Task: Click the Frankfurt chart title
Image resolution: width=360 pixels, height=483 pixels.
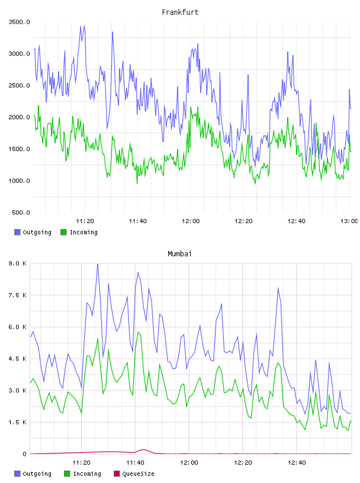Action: (180, 12)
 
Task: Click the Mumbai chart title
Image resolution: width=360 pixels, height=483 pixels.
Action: (179, 254)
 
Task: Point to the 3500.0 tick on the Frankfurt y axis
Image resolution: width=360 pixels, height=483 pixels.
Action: (19, 22)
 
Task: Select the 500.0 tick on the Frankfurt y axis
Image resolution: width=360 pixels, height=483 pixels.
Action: (21, 212)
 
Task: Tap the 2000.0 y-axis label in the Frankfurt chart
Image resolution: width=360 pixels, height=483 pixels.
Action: (19, 117)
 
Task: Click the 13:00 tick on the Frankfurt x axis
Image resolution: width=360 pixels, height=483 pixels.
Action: (349, 221)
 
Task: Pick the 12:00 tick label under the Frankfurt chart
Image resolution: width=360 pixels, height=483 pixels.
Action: (191, 221)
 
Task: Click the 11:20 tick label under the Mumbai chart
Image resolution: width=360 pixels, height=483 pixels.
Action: (81, 463)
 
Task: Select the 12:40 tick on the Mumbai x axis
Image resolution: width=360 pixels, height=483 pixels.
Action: (297, 463)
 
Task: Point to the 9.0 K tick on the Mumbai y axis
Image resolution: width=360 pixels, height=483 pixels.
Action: (18, 263)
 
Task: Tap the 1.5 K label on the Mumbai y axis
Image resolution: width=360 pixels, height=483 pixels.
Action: (18, 422)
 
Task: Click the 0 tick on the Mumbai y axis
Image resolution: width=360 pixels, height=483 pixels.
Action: (25, 454)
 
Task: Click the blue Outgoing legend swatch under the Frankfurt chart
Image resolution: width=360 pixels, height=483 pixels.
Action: (17, 232)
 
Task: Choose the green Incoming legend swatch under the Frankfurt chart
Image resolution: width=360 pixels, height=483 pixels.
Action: (63, 232)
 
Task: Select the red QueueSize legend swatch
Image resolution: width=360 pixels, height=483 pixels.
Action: (117, 474)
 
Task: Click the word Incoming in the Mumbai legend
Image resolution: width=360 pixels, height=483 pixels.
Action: (87, 474)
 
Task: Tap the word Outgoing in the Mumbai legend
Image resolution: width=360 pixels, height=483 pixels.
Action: (37, 474)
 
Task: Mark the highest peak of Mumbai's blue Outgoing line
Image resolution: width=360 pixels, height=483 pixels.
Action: (98, 264)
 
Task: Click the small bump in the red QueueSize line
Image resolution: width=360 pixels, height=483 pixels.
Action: (143, 450)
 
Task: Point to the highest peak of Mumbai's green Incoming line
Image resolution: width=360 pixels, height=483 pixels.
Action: (138, 332)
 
